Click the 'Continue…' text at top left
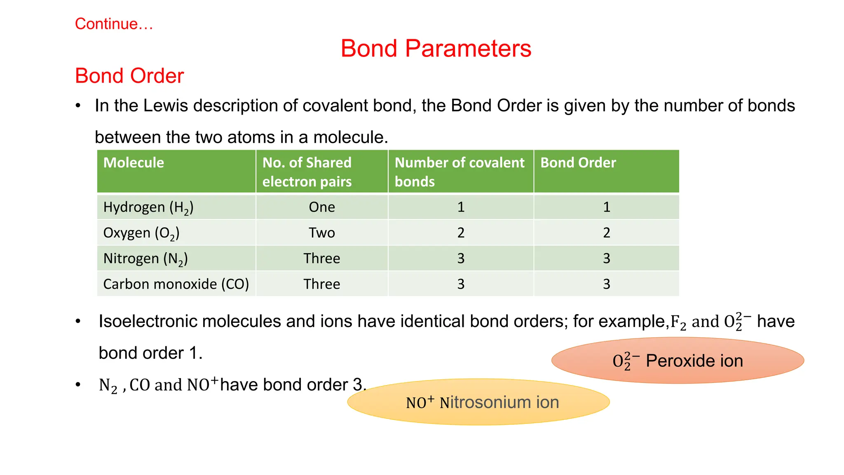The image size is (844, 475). [x=114, y=24]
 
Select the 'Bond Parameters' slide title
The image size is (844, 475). [x=436, y=48]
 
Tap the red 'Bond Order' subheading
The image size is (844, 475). [x=129, y=76]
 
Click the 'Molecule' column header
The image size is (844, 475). [x=134, y=163]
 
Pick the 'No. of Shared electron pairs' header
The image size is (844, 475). [x=307, y=172]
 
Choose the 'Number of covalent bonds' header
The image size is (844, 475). [x=460, y=172]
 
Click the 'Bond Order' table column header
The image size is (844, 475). [x=578, y=163]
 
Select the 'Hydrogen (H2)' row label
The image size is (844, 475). [x=148, y=207]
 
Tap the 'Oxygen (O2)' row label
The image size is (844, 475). [x=141, y=233]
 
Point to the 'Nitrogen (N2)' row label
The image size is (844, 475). [x=145, y=259]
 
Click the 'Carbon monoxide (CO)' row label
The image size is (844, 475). [x=176, y=284]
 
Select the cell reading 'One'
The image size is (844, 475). [x=322, y=207]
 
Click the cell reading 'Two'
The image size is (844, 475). [x=322, y=233]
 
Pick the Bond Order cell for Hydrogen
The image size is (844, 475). [x=606, y=207]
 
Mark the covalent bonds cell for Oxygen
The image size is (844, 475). [x=461, y=233]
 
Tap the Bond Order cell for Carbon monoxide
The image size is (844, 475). [x=606, y=284]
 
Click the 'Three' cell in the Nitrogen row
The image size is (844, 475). [x=322, y=259]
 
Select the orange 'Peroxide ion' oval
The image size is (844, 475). [x=678, y=361]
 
